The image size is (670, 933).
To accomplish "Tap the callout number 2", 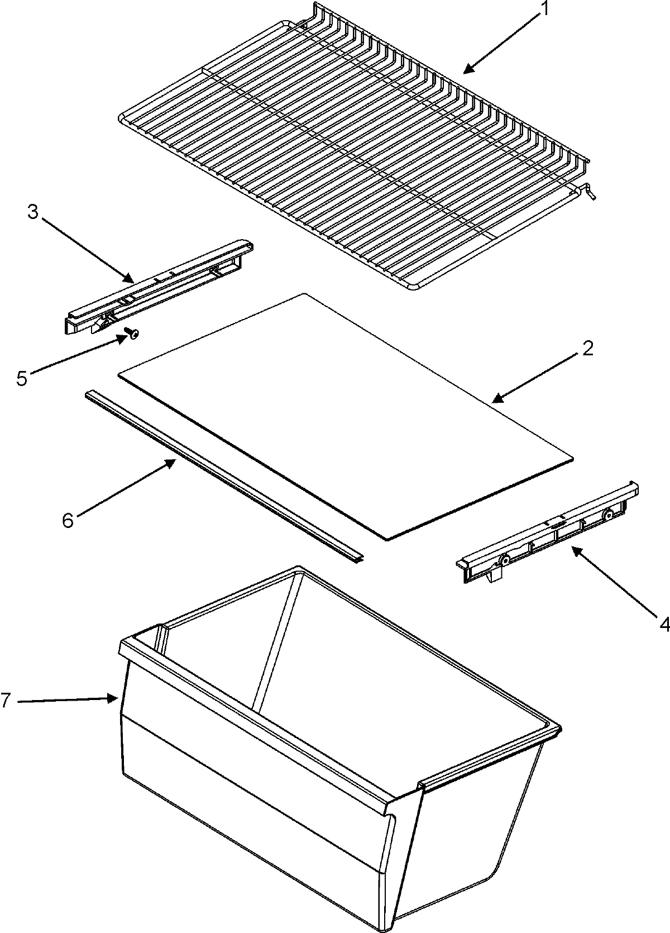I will tap(587, 350).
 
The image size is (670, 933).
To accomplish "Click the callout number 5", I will tap(21, 378).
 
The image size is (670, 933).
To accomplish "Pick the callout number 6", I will tap(67, 521).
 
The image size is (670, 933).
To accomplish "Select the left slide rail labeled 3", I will tap(159, 287).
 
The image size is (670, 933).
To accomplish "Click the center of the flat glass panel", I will tap(346, 416).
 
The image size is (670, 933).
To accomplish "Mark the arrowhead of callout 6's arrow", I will tap(174, 461).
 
